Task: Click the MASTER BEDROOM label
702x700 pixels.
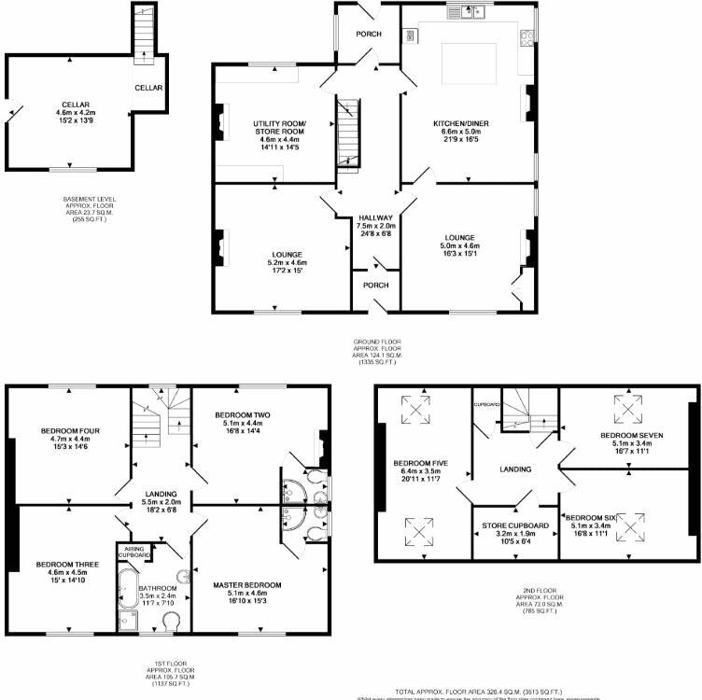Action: click(246, 585)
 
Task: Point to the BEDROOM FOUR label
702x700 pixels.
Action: click(63, 430)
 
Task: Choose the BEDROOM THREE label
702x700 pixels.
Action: click(63, 564)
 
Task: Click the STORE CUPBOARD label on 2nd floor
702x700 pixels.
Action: click(514, 526)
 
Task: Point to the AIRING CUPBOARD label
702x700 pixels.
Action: click(133, 552)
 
